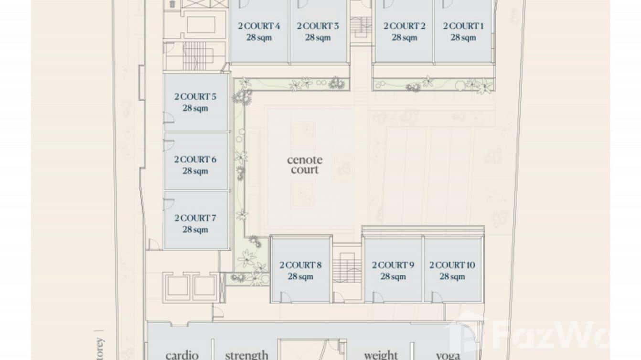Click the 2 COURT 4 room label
[x=259, y=26]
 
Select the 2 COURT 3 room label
[x=318, y=26]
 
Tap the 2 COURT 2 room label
[x=404, y=26]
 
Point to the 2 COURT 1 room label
[x=463, y=26]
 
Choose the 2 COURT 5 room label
[x=195, y=97]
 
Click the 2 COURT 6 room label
[x=195, y=159]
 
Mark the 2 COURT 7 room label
[x=195, y=218]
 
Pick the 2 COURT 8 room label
[x=300, y=265]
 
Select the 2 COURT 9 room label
[x=393, y=265]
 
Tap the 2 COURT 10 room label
[x=452, y=265]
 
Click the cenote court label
[x=304, y=165]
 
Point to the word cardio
[x=182, y=355]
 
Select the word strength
[x=246, y=355]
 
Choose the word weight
[x=381, y=355]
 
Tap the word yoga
[x=448, y=355]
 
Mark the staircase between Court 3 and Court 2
[x=361, y=26]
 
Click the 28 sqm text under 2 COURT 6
[x=195, y=171]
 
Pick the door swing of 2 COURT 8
[x=286, y=297]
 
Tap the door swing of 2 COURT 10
[x=437, y=297]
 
